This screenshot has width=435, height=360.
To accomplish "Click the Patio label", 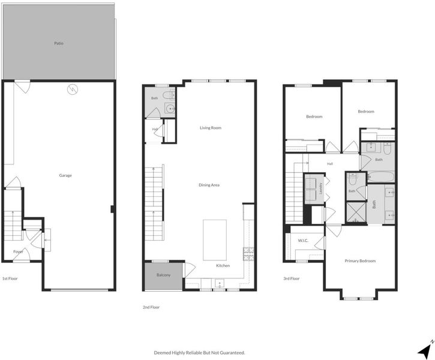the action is click(x=59, y=43).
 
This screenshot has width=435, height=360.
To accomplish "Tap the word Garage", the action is click(x=65, y=175).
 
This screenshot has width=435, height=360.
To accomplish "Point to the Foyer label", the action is click(x=18, y=252).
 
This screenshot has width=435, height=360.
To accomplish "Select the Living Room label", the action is click(x=211, y=128).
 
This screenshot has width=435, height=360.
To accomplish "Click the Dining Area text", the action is click(x=209, y=185).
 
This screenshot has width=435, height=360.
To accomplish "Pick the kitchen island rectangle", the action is click(x=215, y=240).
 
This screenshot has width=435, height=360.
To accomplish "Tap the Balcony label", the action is click(x=163, y=275).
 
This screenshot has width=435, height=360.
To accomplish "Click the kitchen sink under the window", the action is click(x=220, y=283).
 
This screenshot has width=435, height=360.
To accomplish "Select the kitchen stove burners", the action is click(x=248, y=254).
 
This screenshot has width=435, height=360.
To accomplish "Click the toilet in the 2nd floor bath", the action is click(x=169, y=95).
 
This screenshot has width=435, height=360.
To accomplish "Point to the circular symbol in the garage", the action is click(x=73, y=89).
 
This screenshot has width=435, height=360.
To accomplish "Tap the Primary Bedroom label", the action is click(x=360, y=261).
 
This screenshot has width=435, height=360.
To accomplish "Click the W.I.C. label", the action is click(x=303, y=241).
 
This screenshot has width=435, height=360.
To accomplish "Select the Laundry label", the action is click(x=321, y=188).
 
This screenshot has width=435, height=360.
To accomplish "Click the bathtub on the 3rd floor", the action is click(x=380, y=176).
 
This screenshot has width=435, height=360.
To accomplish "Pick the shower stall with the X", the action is click(x=356, y=212).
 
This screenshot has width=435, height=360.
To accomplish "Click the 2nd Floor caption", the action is click(x=151, y=307).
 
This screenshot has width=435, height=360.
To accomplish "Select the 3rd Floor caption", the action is click(x=291, y=278).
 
